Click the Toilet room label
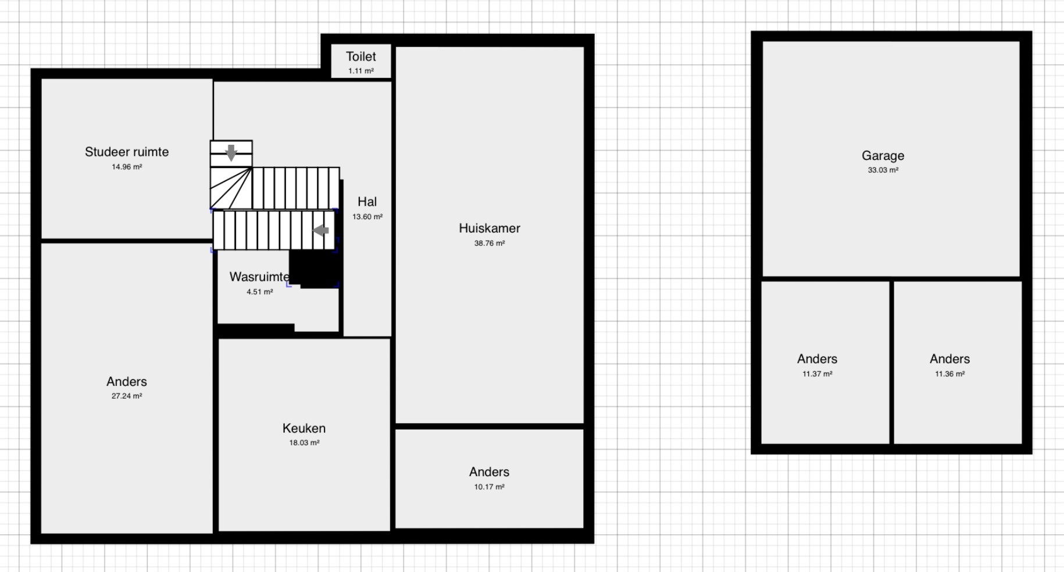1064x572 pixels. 361,56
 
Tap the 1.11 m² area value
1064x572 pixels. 361,71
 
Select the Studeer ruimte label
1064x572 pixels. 127,152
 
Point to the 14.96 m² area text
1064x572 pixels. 127,167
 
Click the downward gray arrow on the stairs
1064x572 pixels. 231,153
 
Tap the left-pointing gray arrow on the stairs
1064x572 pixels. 321,230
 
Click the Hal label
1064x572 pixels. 367,202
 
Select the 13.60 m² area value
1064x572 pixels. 367,217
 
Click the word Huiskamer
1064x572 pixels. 490,228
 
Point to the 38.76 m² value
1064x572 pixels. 490,244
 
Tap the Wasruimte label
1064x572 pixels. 259,277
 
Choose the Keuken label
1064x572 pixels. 304,428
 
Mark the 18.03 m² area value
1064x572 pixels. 304,443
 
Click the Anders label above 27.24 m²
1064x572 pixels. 127,382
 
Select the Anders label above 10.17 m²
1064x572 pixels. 490,472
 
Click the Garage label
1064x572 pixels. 883,156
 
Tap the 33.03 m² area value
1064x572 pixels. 883,170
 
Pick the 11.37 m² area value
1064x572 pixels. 817,374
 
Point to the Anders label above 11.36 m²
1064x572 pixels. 950,359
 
